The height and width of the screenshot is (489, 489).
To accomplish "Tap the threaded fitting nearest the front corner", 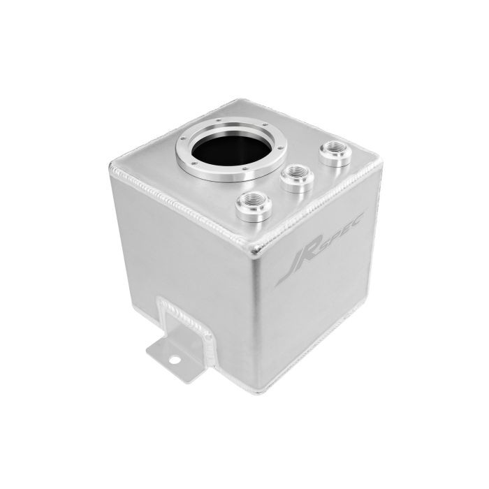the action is coord(254,207).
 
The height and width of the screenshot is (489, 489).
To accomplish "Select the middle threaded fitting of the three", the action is coord(297,178).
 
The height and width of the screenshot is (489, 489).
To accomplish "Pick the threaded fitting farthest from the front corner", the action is coord(335,153).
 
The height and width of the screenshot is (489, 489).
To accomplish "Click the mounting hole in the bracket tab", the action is coord(175,360).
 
